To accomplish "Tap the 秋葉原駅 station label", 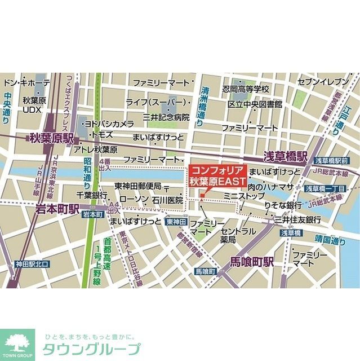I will pyautogui.click(x=51, y=137).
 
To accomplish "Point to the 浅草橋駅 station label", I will pyautogui.click(x=286, y=155).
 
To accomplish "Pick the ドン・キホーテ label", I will pyautogui.click(x=26, y=83).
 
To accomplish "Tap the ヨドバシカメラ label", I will pyautogui.click(x=109, y=124).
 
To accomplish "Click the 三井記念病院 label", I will pyautogui.click(x=166, y=117).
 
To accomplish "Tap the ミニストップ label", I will pyautogui.click(x=244, y=196).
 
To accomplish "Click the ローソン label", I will pyautogui.click(x=134, y=200).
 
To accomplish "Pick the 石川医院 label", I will pyautogui.click(x=168, y=200).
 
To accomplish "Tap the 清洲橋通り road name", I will pyautogui.click(x=201, y=104).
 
